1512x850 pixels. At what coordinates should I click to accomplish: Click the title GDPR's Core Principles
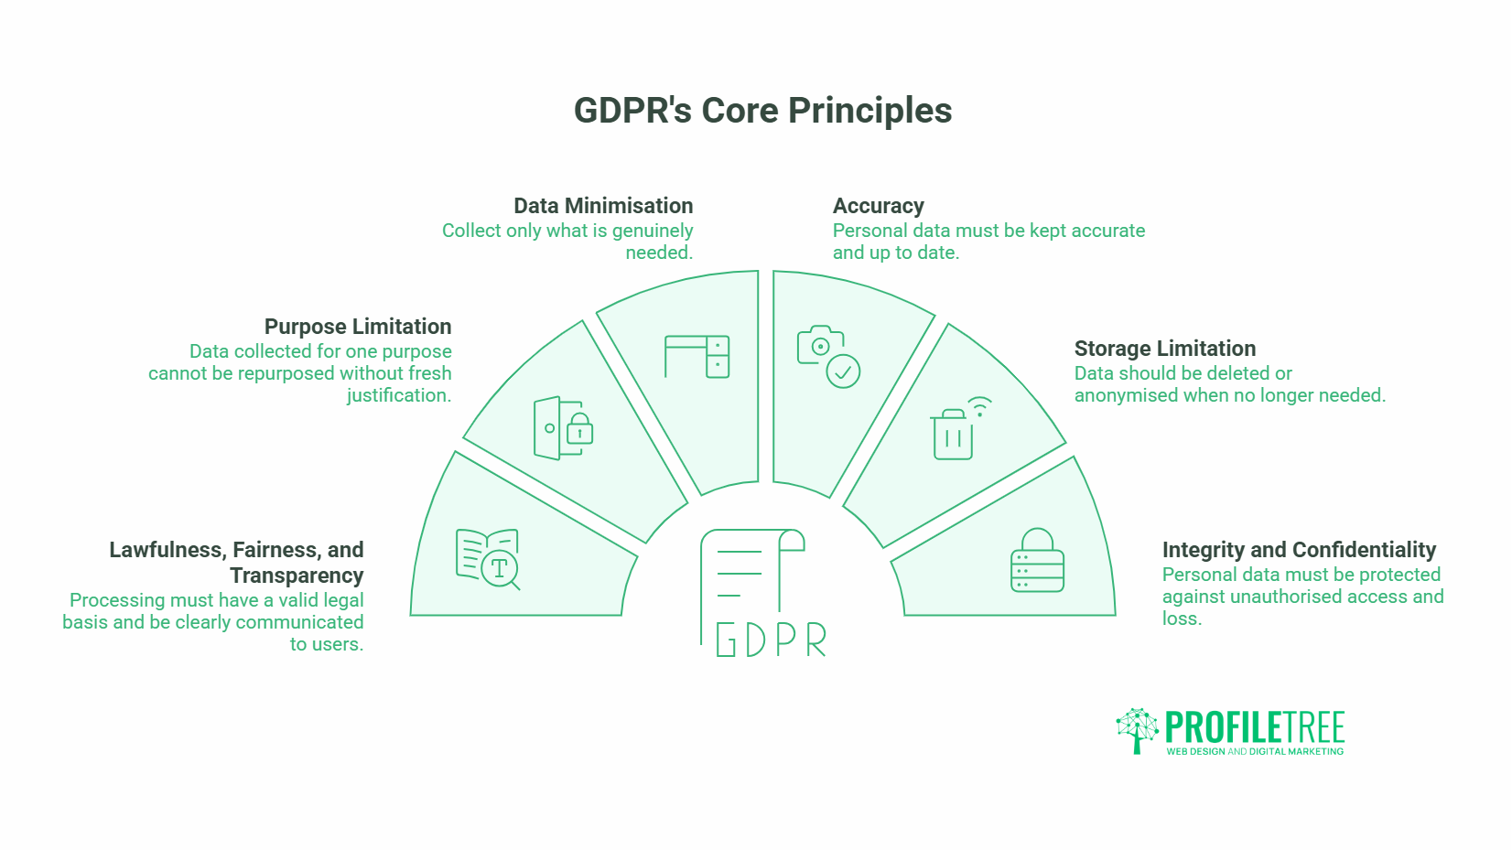click(x=762, y=111)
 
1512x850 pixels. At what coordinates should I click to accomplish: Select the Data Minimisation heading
click(x=603, y=206)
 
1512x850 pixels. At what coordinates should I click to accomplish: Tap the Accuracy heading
click(x=878, y=207)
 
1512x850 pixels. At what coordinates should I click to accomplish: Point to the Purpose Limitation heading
click(x=358, y=328)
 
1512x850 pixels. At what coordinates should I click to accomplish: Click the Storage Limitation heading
click(x=1165, y=349)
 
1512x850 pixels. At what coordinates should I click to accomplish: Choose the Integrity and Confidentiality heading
click(x=1300, y=551)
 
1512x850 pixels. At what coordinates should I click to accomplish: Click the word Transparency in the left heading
click(x=297, y=576)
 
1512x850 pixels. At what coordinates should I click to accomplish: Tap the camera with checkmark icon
click(x=828, y=357)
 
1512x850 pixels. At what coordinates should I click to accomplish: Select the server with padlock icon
click(x=1038, y=560)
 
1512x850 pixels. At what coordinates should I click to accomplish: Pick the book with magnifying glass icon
click(x=488, y=559)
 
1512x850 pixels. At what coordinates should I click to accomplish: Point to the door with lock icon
click(x=563, y=428)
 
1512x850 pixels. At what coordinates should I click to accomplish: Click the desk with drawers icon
click(x=697, y=356)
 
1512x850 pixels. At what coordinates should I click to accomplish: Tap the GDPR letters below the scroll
click(x=771, y=640)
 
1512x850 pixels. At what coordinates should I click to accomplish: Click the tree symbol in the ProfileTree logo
click(x=1138, y=730)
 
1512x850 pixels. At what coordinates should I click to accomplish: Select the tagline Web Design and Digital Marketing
click(x=1255, y=751)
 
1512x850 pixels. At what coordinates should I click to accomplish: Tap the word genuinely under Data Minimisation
click(x=653, y=231)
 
